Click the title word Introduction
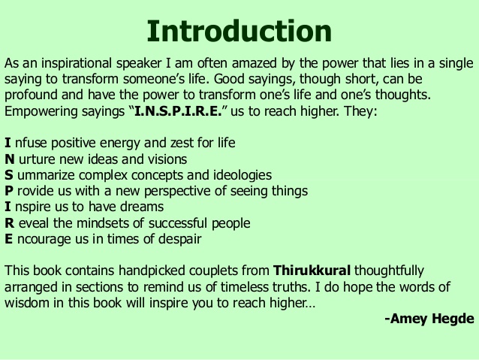pyautogui.click(x=239, y=32)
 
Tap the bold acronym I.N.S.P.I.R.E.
pyautogui.click(x=178, y=111)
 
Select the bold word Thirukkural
pyautogui.click(x=312, y=271)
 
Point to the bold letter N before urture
pyautogui.click(x=10, y=159)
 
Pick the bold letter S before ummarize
pyautogui.click(x=9, y=175)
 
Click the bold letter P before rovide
pyautogui.click(x=9, y=191)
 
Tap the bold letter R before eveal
pyautogui.click(x=10, y=223)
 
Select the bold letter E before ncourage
pyautogui.click(x=8, y=239)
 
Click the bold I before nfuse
pyautogui.click(x=8, y=143)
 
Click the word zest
pyautogui.click(x=182, y=143)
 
